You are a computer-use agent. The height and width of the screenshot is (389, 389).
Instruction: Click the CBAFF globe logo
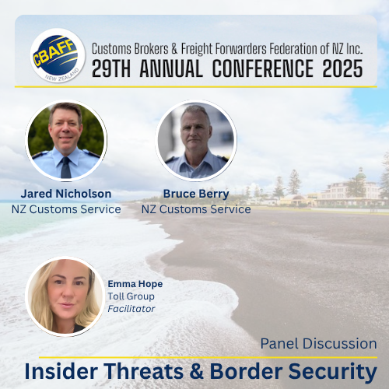click(x=58, y=56)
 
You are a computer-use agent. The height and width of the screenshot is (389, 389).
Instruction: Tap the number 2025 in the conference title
click(x=342, y=68)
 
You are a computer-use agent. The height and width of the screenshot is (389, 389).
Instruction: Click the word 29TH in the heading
click(x=111, y=68)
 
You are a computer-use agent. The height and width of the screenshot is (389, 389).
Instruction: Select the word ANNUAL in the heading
click(x=171, y=68)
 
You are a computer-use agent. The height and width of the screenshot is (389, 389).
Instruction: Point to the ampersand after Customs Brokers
click(x=174, y=49)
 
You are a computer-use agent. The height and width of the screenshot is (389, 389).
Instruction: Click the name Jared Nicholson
click(x=66, y=194)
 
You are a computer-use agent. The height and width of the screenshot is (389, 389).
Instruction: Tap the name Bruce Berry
click(x=196, y=194)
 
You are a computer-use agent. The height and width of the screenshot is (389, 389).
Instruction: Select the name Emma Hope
click(x=135, y=284)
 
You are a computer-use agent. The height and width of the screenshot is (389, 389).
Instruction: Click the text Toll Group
click(x=131, y=296)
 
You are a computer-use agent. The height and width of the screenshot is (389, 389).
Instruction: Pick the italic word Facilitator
click(x=131, y=309)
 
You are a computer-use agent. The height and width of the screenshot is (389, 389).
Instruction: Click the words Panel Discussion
click(x=319, y=344)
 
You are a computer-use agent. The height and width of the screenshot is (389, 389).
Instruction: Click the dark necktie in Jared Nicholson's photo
click(x=65, y=167)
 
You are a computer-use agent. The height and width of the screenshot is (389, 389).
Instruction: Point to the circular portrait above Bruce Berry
click(x=196, y=140)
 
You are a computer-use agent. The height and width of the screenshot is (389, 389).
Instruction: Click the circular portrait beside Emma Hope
click(x=65, y=296)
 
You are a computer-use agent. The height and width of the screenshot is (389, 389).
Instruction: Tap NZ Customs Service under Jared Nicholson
click(x=66, y=209)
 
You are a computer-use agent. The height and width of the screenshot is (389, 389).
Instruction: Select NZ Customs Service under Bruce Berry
click(x=196, y=209)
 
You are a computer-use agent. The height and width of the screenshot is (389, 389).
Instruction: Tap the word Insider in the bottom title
click(x=61, y=371)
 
